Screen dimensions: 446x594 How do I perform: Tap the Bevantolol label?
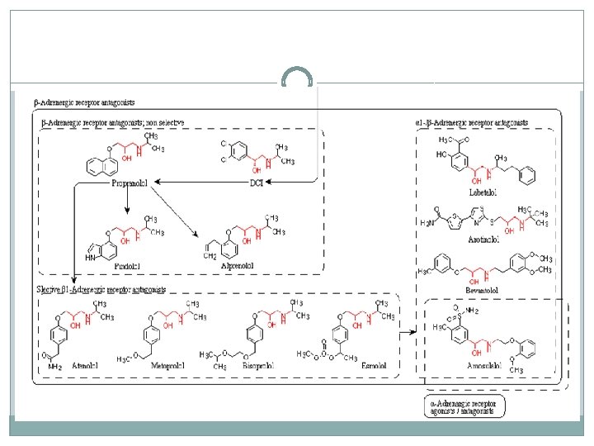[483, 292]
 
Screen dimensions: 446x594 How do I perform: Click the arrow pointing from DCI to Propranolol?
[199, 182]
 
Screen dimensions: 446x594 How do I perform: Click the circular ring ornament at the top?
[297, 78]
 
